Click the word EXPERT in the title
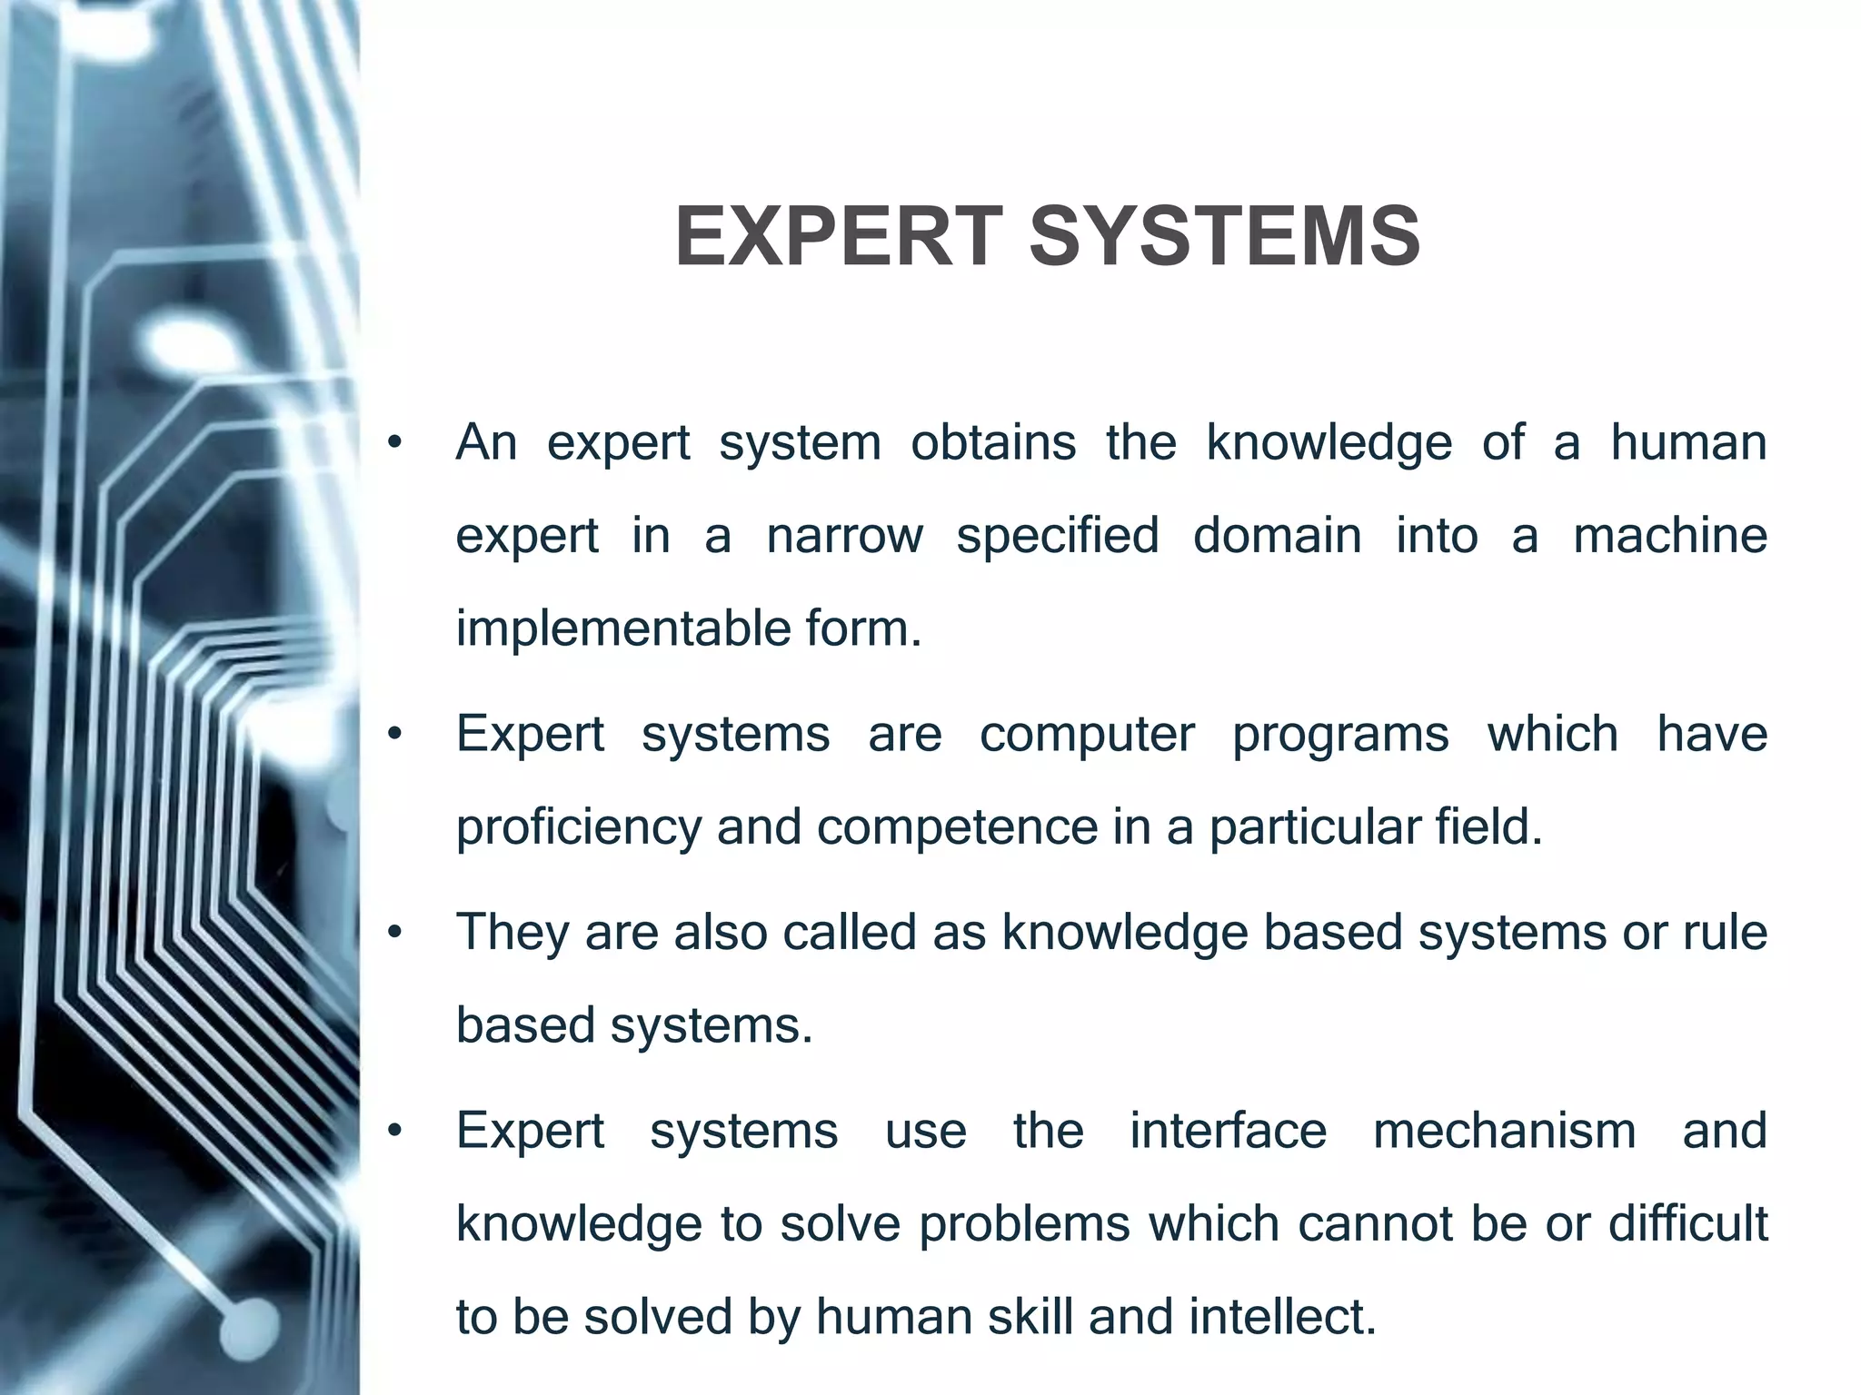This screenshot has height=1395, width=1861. tap(840, 237)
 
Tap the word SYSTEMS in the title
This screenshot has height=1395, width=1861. tap(1224, 237)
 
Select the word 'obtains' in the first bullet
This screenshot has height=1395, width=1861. tap(993, 443)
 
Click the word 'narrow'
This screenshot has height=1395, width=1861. tap(844, 536)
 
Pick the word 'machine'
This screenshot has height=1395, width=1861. tap(1669, 536)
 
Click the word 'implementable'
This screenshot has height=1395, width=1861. tap(622, 629)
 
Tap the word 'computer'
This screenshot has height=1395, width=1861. tap(1087, 734)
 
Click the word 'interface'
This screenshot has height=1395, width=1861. tap(1228, 1132)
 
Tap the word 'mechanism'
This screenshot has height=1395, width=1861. tap(1504, 1132)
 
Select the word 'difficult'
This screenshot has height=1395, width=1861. tap(1687, 1224)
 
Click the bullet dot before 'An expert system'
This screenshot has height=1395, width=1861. tap(393, 444)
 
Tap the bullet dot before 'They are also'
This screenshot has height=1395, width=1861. tap(393, 934)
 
